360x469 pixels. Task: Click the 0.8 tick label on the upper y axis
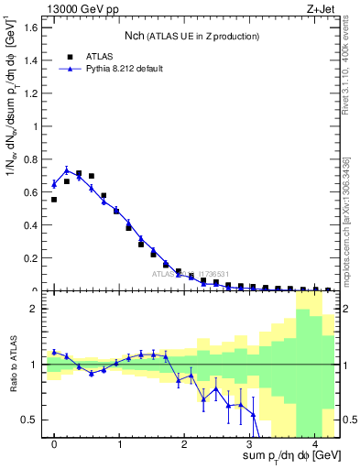30,159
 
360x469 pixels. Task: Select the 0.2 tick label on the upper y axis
30,258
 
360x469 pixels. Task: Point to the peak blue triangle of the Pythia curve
66,170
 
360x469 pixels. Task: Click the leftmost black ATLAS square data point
54,199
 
